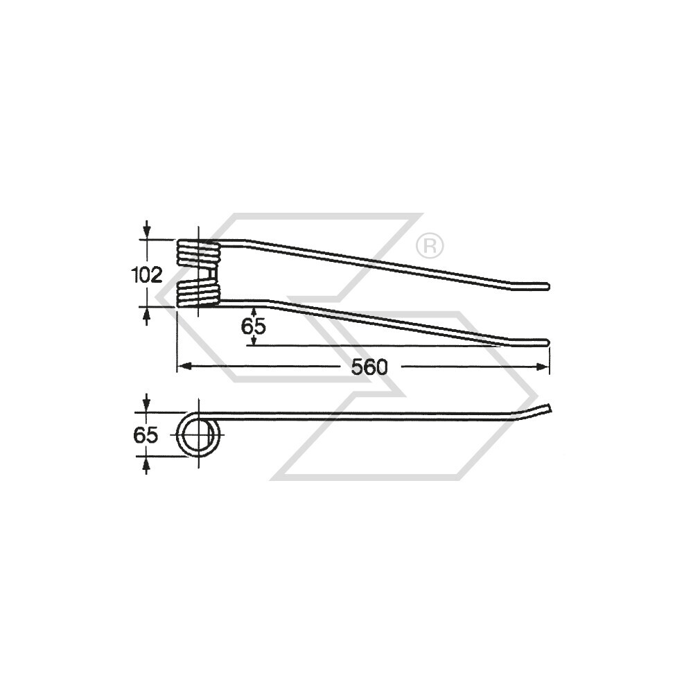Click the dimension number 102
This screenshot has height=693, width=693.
point(146,275)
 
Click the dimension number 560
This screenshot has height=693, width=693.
point(369,367)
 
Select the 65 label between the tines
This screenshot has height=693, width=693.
point(254,326)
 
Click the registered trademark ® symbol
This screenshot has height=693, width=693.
point(429,245)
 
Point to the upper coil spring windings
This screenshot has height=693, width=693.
point(198,254)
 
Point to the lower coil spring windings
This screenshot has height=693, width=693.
point(198,293)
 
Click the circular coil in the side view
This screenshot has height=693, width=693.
point(200,435)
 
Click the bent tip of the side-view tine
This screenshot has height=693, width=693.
point(547,408)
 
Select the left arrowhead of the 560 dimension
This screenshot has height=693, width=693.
point(181,367)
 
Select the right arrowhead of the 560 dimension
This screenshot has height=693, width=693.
point(545,367)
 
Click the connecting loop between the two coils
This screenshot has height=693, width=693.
point(208,275)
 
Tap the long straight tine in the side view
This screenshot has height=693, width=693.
point(367,415)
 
